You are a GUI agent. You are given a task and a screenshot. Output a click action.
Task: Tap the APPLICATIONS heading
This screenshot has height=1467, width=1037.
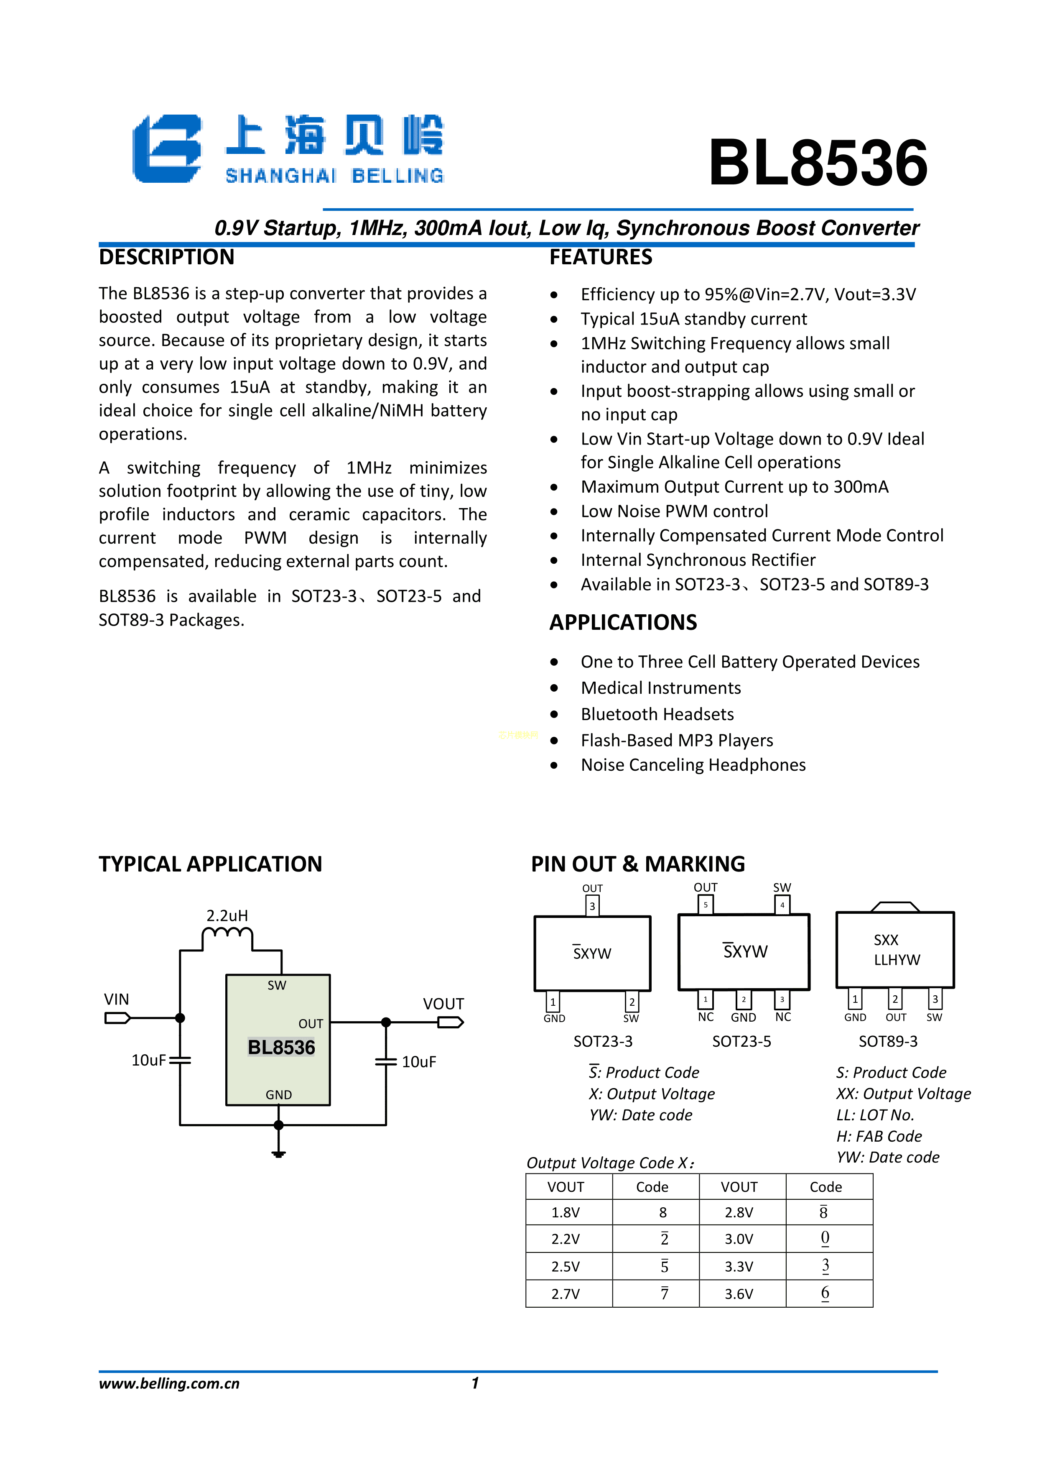[623, 622]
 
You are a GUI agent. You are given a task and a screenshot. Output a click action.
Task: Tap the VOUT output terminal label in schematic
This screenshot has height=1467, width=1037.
[443, 1004]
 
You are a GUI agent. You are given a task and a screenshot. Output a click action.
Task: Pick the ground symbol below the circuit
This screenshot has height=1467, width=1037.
[278, 1153]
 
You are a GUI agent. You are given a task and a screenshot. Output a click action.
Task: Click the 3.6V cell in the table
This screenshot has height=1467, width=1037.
[739, 1294]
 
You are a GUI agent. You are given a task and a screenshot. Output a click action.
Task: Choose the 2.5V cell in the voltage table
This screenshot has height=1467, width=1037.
[566, 1266]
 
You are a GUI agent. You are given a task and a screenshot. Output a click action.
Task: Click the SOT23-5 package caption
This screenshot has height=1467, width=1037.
[741, 1041]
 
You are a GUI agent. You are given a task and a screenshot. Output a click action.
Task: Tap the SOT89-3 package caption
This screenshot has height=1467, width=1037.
[888, 1041]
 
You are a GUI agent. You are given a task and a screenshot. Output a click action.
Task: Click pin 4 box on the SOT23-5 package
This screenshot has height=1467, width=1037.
[782, 905]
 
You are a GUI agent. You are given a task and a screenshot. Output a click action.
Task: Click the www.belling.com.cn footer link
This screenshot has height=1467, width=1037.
[169, 1383]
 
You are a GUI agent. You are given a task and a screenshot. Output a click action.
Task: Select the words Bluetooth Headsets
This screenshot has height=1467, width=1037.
[657, 714]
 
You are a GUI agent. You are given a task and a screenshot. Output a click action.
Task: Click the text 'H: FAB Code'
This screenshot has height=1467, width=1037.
[879, 1136]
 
